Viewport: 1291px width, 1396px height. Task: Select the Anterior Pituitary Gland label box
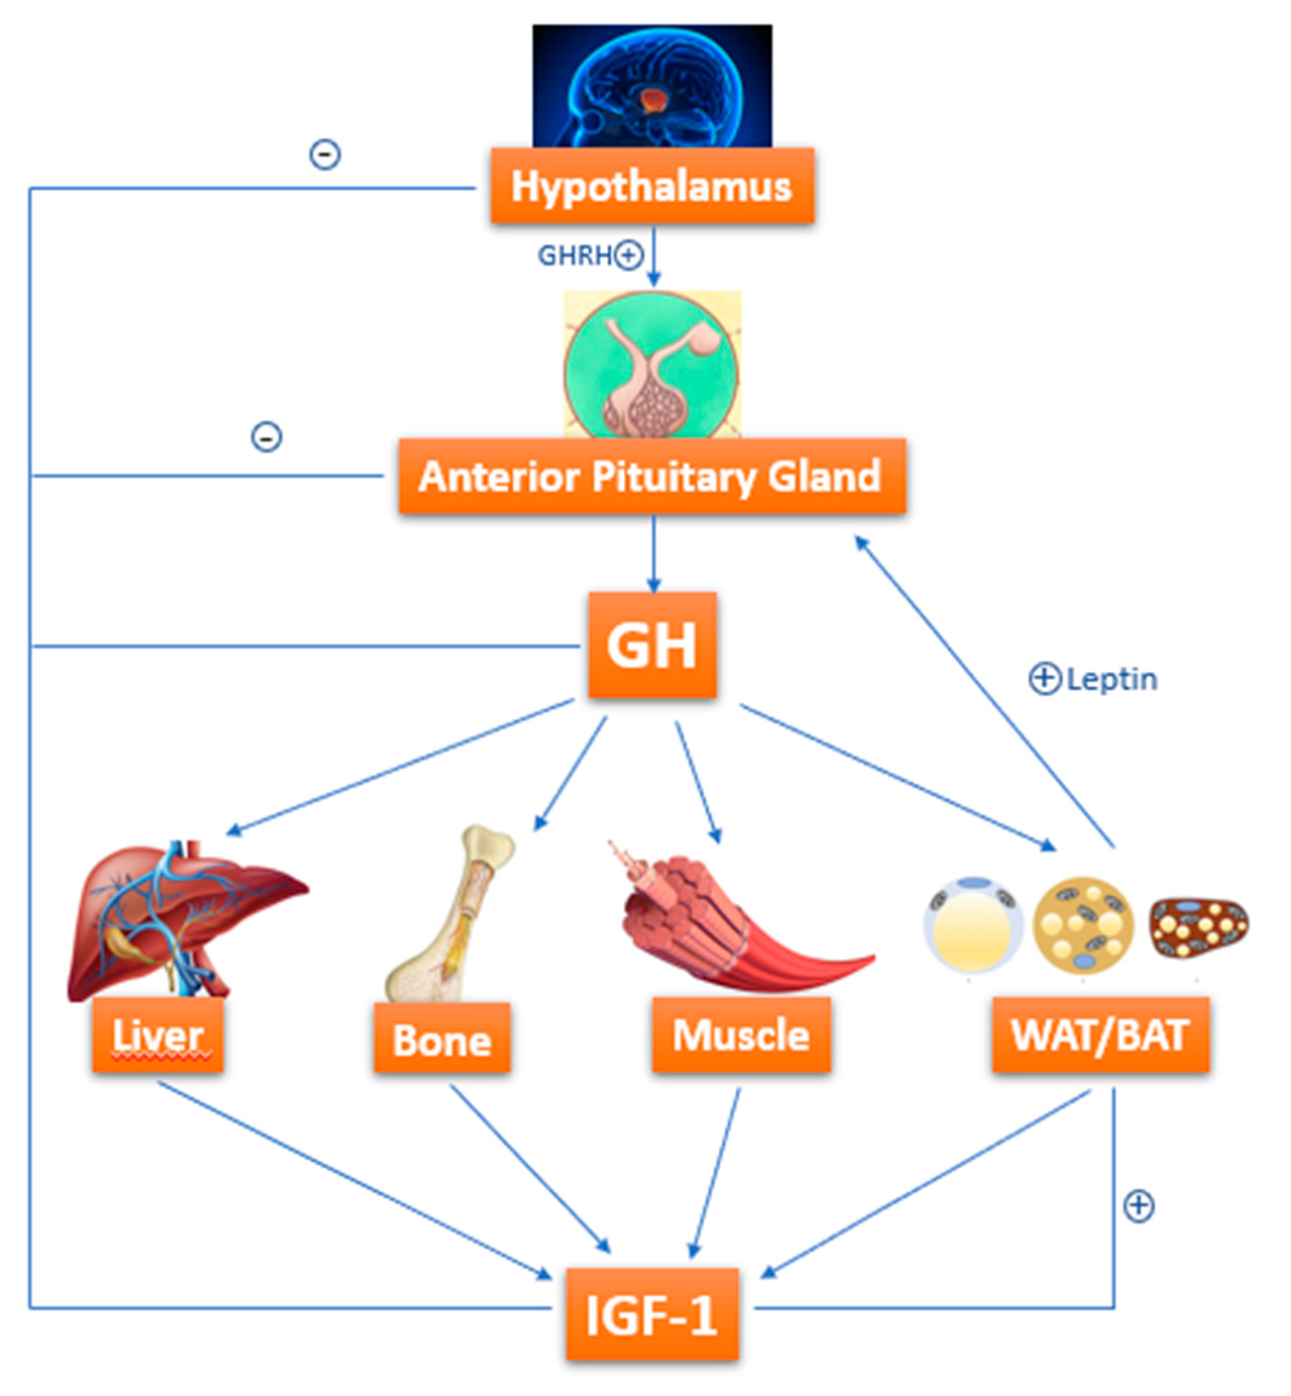coord(652,476)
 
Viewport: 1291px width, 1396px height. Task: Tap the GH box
coord(652,645)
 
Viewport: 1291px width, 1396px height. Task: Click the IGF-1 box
coord(652,1315)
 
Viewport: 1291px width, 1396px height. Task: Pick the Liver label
coord(158,1035)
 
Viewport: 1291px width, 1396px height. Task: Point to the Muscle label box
coord(741,1035)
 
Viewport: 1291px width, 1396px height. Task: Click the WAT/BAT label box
coord(1100,1035)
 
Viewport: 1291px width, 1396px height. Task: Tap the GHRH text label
coord(574,256)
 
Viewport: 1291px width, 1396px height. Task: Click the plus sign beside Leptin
coord(1044,678)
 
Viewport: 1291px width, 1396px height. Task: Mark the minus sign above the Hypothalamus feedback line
coord(325,154)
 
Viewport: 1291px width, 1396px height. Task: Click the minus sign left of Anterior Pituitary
coord(266,438)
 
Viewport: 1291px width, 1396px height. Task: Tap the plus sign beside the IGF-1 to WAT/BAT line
coord(1138,1207)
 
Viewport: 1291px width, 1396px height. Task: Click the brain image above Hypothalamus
coord(652,86)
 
